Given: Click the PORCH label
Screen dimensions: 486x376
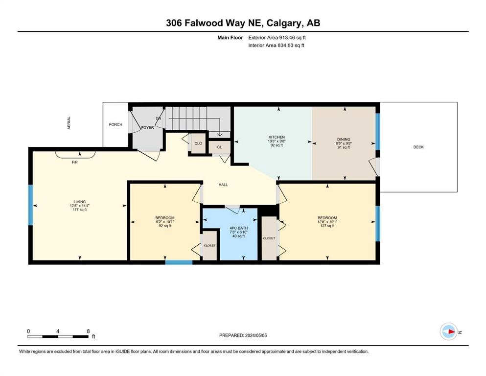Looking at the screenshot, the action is [x=116, y=125].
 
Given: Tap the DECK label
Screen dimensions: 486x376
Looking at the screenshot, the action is [x=418, y=147].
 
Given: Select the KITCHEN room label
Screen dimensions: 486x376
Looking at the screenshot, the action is [x=277, y=137].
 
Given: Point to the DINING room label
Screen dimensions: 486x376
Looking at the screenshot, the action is [x=344, y=139].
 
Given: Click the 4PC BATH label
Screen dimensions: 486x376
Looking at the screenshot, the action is [x=239, y=228].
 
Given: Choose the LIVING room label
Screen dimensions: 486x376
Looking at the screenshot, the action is [x=80, y=202].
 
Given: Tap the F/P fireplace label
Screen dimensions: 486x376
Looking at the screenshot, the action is [x=75, y=162].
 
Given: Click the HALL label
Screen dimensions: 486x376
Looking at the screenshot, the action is [x=223, y=185].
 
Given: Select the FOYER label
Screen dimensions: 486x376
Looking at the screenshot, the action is [x=147, y=127].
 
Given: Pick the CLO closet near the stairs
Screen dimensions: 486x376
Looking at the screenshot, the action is [x=198, y=143].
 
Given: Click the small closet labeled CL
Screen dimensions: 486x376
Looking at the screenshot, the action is [x=219, y=147].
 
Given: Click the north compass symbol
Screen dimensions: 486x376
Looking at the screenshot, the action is [x=449, y=331].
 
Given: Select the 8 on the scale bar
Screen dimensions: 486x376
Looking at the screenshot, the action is [x=88, y=331].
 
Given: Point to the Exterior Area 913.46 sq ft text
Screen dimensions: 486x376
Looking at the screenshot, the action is [x=277, y=38].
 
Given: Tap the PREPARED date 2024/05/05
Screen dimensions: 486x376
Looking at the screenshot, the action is [x=255, y=335].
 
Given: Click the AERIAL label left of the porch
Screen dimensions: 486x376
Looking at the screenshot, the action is [x=69, y=123].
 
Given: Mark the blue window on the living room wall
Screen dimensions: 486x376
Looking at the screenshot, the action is [x=30, y=205].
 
